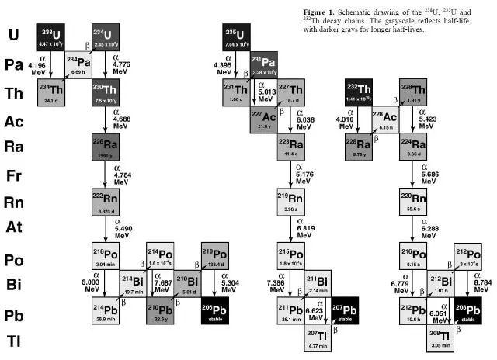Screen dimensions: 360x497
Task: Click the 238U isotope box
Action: click(x=52, y=37)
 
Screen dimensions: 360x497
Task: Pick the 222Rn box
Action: click(x=105, y=199)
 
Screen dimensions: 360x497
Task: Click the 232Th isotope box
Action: click(x=360, y=91)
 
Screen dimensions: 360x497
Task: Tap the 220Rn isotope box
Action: click(x=414, y=203)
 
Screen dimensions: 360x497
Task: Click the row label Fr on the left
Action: click(x=14, y=175)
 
